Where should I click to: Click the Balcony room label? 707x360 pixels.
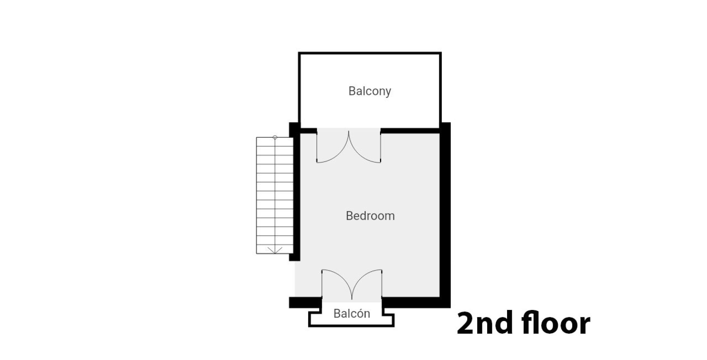coord(370,91)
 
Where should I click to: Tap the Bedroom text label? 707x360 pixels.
coord(370,216)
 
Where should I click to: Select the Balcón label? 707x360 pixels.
coord(352,313)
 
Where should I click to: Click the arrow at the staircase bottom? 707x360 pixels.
coord(275,250)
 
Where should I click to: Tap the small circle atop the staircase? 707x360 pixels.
coord(275,137)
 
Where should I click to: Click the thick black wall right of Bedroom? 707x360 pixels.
coord(445,215)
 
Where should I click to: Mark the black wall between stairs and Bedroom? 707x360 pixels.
coord(295,191)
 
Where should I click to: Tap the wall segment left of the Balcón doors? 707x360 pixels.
coord(305,302)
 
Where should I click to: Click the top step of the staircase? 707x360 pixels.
coord(275,142)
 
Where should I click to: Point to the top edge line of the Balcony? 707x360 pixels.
coord(370,53)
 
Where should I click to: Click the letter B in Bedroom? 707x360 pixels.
coord(349,216)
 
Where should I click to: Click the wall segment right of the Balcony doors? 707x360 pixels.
coord(410,131)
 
